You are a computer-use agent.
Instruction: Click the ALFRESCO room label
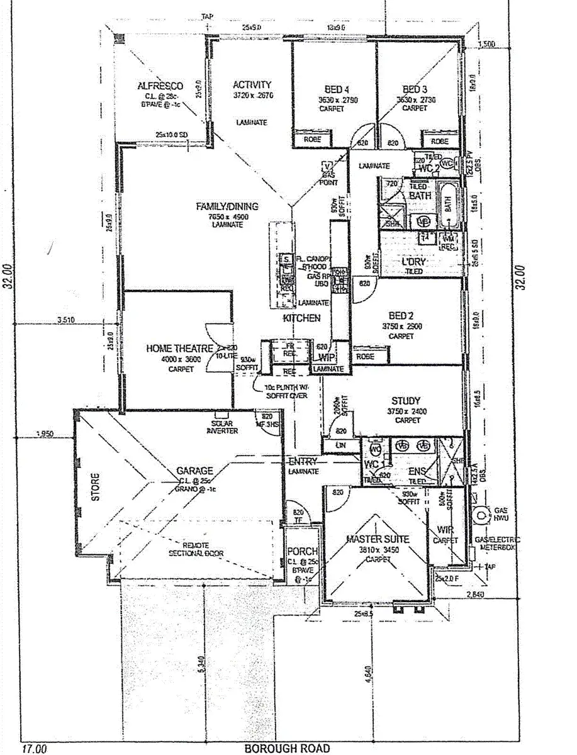tap(160, 86)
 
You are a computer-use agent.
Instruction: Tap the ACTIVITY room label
tap(252, 85)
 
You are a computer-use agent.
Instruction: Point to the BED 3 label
tap(415, 89)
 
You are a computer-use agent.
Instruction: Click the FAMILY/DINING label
tap(227, 206)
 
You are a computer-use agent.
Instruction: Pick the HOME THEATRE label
tap(176, 348)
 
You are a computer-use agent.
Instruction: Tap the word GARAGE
tap(194, 471)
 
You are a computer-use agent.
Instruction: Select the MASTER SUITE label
tap(378, 539)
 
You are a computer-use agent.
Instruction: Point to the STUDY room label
tap(406, 401)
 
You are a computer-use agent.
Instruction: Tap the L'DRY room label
tap(414, 261)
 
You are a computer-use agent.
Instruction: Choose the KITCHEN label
tap(301, 319)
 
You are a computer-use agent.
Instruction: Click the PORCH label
tap(302, 552)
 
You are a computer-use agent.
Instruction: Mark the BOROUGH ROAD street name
tap(286, 748)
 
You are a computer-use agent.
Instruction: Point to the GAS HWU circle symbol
tap(483, 515)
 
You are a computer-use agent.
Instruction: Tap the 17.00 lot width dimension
tap(35, 749)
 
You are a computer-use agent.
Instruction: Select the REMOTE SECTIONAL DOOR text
tap(196, 549)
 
